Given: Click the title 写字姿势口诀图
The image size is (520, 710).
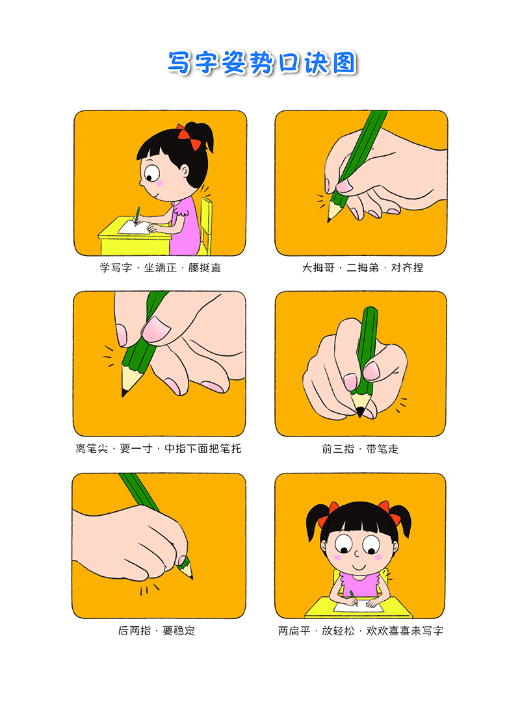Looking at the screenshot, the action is [262, 62].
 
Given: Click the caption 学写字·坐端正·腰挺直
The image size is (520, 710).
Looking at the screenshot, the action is [161, 268].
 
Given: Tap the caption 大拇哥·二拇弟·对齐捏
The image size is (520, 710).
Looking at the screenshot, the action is [362, 268].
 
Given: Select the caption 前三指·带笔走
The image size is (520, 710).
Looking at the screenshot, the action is [360, 449].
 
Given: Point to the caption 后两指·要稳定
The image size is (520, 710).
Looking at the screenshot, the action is [157, 630].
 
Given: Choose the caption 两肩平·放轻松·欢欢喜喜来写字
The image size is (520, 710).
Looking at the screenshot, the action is [361, 630].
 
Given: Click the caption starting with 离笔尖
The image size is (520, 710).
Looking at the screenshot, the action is [159, 449].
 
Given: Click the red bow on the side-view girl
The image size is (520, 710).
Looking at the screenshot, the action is [189, 136].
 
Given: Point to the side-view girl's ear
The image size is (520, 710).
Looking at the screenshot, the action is [185, 171].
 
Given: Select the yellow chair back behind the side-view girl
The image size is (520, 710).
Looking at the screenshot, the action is [206, 224].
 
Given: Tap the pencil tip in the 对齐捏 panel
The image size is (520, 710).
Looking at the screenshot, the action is [330, 220].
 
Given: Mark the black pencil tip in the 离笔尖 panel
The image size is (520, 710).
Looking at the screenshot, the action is [123, 392].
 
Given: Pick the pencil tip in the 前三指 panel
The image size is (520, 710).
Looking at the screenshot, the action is [360, 412].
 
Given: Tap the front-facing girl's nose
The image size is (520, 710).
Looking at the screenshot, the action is [357, 553].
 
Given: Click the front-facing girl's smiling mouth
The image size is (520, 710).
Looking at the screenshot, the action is [358, 567].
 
